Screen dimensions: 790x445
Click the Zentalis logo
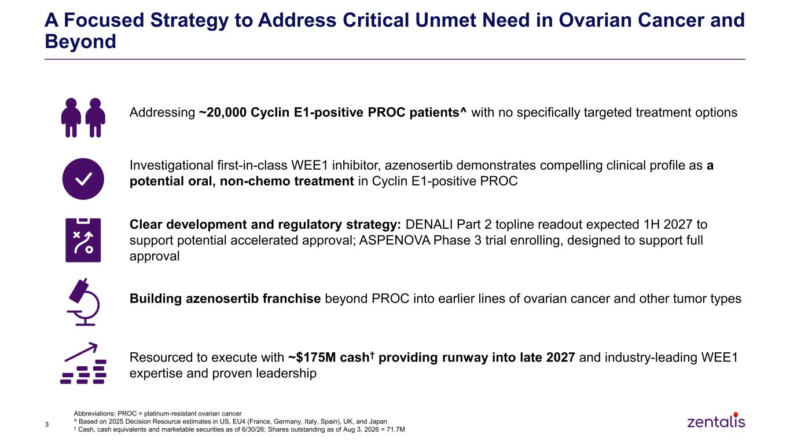click(716, 420)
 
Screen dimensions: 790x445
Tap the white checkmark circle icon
click(83, 178)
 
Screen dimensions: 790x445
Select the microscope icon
click(83, 302)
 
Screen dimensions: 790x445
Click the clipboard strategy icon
click(83, 240)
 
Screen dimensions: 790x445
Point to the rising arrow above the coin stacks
click(81, 352)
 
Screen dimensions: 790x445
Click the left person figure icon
click(71, 118)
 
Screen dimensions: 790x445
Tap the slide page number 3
click(47, 425)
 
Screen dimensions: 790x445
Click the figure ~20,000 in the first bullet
click(223, 112)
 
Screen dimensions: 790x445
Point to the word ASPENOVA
click(394, 240)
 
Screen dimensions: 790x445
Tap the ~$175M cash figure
click(329, 358)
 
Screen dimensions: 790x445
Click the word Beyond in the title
click(80, 41)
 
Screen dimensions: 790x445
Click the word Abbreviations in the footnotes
click(94, 413)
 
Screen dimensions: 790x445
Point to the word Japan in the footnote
click(378, 421)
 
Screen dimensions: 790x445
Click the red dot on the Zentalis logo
click(736, 414)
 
